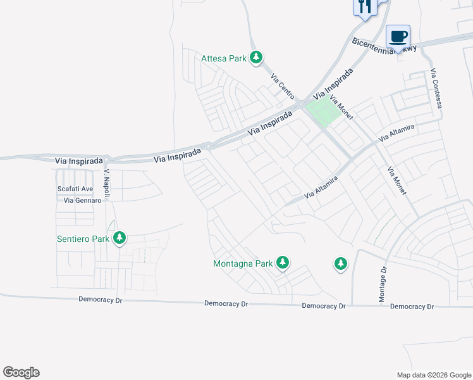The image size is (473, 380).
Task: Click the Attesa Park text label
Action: [223, 59]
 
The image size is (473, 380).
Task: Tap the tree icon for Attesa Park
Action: [256, 58]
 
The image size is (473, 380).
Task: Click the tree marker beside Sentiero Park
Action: [119, 238]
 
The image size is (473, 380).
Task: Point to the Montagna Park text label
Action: [243, 263]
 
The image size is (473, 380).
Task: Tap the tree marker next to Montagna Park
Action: [283, 262]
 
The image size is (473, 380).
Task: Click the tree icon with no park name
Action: [341, 263]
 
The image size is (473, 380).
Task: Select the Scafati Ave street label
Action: [75, 189]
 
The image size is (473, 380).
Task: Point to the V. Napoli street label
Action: [107, 181]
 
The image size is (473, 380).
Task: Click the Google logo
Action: [21, 372]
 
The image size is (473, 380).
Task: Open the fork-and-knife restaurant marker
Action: [365, 7]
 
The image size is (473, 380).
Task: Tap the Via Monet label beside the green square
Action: [341, 109]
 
